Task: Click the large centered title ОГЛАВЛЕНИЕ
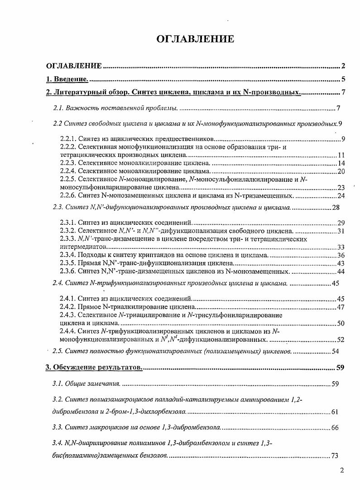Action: click(x=195, y=39)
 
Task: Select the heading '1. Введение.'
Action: click(x=67, y=79)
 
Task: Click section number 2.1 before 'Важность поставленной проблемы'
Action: click(x=58, y=108)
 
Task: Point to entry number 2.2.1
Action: click(x=67, y=139)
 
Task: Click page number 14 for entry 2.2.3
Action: click(x=341, y=163)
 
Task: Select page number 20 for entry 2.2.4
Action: click(x=341, y=171)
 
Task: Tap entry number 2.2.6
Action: click(x=67, y=195)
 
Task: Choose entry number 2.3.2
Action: click(x=67, y=231)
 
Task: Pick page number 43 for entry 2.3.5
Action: click(x=341, y=263)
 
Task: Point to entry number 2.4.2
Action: click(x=67, y=307)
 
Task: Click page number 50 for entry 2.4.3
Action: click(x=341, y=323)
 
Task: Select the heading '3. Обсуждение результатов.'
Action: click(x=95, y=367)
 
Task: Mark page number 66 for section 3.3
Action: click(x=335, y=427)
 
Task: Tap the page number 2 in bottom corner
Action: click(x=342, y=470)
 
